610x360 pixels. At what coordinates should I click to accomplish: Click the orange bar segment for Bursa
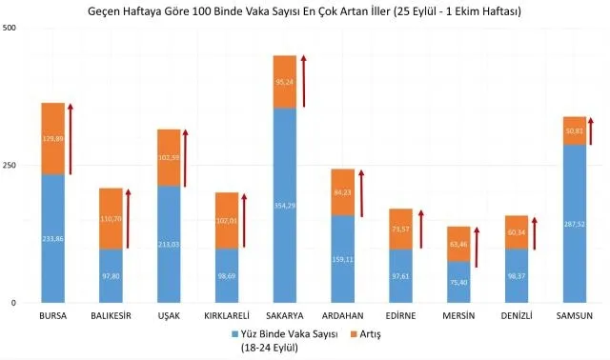click(52, 138)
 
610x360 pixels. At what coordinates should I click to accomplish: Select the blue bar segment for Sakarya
click(285, 205)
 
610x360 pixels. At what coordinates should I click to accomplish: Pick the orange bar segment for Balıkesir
click(111, 218)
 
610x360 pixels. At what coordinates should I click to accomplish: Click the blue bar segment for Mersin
click(458, 282)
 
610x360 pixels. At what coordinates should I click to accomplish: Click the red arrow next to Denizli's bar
click(536, 233)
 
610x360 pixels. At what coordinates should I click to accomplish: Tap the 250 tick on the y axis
click(14, 166)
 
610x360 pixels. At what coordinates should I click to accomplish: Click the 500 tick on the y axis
click(14, 28)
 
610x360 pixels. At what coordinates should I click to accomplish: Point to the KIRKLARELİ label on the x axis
click(227, 315)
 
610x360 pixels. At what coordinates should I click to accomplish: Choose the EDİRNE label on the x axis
click(400, 315)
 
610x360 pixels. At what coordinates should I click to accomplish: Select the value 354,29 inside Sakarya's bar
click(285, 206)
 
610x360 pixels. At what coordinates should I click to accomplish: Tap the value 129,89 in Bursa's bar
click(52, 138)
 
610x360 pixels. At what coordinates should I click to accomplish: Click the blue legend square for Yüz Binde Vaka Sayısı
click(234, 334)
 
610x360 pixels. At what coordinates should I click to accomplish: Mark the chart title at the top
click(305, 10)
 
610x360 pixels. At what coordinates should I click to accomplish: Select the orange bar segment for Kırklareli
click(227, 220)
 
